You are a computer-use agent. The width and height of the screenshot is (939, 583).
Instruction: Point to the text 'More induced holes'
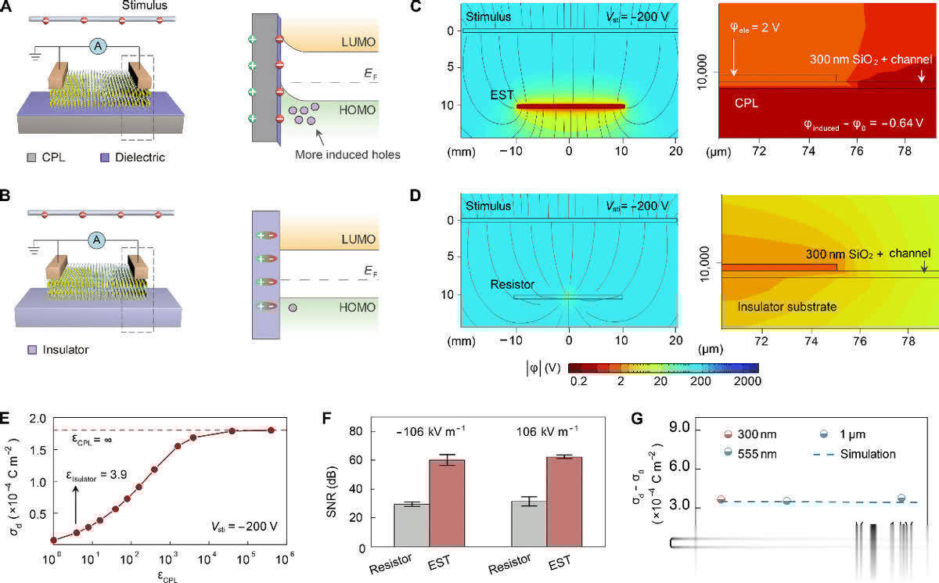click(x=347, y=154)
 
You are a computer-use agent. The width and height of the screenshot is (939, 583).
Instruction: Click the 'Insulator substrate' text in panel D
click(x=788, y=308)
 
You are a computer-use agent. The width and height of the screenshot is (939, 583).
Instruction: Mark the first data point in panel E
click(x=52, y=540)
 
